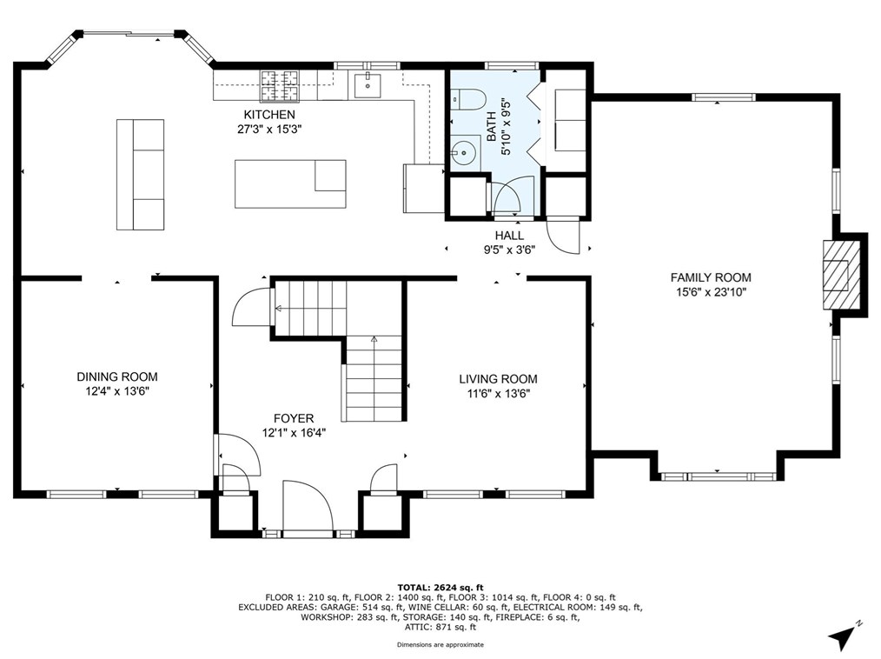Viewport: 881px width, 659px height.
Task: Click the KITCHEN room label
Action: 268,115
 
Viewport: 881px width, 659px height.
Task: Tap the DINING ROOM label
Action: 117,376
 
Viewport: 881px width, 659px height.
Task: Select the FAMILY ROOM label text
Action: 711,277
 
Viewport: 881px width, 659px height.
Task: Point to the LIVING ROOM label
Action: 499,379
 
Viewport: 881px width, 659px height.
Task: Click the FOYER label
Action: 294,418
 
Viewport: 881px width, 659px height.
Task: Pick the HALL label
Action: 509,236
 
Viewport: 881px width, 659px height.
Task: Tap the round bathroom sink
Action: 464,152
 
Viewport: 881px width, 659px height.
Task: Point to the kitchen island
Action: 290,183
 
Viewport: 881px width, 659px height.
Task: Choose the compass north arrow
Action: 844,634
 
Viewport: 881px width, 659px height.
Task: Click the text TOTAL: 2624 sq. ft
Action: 440,588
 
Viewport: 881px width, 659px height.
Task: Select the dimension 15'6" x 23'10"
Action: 712,292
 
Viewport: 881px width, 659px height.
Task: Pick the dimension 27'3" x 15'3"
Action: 269,129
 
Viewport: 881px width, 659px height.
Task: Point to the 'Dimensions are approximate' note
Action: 440,645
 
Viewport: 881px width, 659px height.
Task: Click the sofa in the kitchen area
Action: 141,174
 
